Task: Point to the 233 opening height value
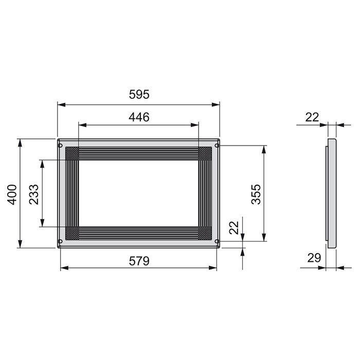(x=34, y=193)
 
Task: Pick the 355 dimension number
(x=257, y=194)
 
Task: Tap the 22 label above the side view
(x=312, y=117)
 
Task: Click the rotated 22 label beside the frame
(x=235, y=228)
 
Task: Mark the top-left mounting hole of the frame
(x=61, y=146)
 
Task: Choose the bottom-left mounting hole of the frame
(x=61, y=241)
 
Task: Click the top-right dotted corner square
(x=205, y=154)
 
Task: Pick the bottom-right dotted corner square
(x=205, y=233)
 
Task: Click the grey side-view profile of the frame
(x=332, y=193)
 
